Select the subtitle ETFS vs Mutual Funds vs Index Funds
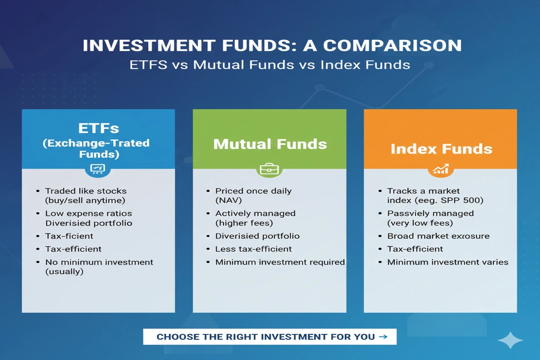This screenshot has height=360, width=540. coord(270,64)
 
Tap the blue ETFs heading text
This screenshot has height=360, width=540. coord(98,128)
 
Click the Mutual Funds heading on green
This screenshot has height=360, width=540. coord(270,144)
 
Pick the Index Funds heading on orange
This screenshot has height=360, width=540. coord(441,149)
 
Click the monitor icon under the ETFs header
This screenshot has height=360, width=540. coord(98,169)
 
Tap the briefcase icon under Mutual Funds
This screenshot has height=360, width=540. coord(270,170)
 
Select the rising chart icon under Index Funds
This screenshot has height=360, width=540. coord(441,170)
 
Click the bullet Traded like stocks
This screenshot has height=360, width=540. coord(85,191)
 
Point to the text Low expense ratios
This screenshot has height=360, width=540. coord(89,213)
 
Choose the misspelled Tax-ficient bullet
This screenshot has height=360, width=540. coord(69,236)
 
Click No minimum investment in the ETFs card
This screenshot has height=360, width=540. coord(99,262)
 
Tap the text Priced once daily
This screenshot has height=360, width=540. coord(253,191)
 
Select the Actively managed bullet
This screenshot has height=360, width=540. coord(255,213)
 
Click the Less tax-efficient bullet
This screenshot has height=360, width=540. coord(253,249)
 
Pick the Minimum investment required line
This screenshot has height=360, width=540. coord(280,262)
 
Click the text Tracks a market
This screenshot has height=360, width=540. coord(423,191)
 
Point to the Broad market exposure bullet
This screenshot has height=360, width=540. coord(438,236)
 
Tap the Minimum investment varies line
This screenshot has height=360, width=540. coord(448,262)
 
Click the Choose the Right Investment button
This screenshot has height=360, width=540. coord(270,337)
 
